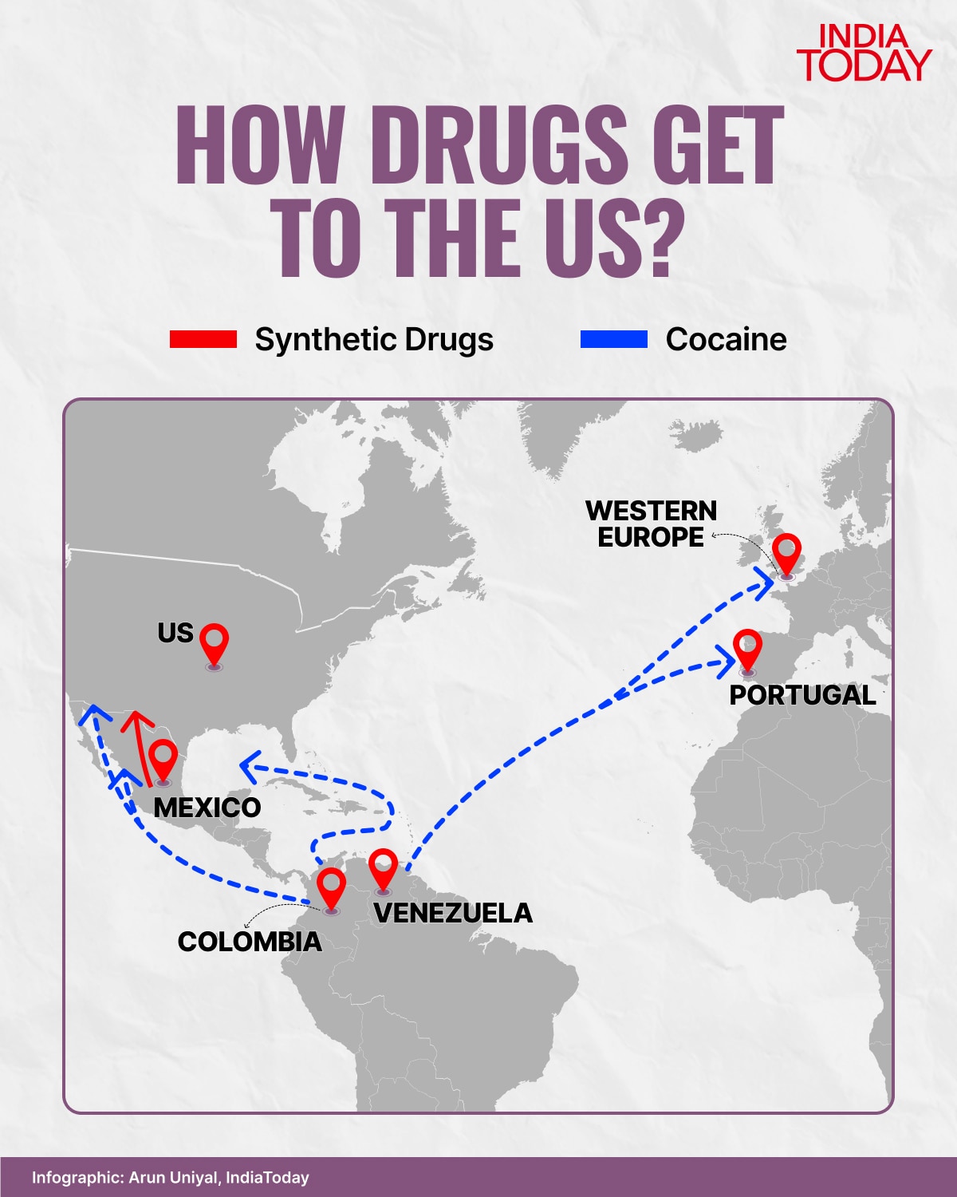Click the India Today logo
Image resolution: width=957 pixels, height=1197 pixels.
click(x=864, y=53)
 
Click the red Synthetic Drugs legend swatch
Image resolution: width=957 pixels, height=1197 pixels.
click(x=203, y=339)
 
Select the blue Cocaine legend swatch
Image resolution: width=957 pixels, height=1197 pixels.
click(x=614, y=339)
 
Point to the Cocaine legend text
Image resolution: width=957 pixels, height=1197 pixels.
click(x=726, y=339)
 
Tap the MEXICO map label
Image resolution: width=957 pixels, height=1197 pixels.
click(x=207, y=808)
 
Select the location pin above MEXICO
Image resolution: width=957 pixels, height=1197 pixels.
click(x=163, y=759)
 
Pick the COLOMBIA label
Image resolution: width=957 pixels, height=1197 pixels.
click(x=250, y=942)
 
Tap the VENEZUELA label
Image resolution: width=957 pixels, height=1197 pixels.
click(x=453, y=913)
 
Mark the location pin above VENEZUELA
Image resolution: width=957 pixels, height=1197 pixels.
click(x=384, y=868)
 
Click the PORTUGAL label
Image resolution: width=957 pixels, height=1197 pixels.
click(x=802, y=695)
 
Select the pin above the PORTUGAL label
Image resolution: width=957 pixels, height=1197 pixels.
click(x=747, y=649)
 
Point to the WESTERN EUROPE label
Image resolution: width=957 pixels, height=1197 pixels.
click(x=652, y=523)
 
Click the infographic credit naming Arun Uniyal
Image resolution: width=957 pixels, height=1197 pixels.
click(x=171, y=1177)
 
